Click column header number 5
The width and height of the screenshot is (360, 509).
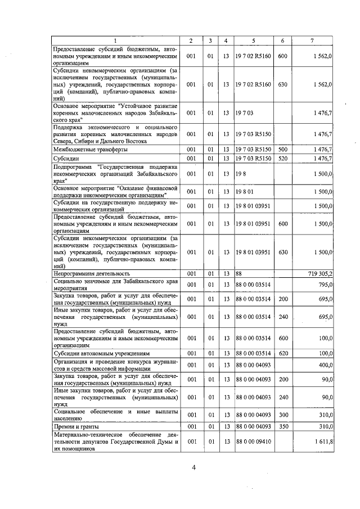[x=253, y=40]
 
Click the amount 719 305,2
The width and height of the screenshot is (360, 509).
[x=321, y=273]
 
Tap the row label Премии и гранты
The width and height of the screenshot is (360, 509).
[x=73, y=427]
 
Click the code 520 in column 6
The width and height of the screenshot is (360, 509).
[x=282, y=159]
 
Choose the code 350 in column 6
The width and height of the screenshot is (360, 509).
[x=282, y=427]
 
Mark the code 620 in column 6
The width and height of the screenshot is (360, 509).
[x=282, y=353]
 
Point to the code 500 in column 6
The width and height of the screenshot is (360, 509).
[x=282, y=149]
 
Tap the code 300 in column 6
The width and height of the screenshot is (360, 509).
[x=282, y=415]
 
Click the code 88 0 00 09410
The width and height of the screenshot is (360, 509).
[x=253, y=443]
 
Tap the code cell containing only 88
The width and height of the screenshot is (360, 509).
[x=239, y=273]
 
